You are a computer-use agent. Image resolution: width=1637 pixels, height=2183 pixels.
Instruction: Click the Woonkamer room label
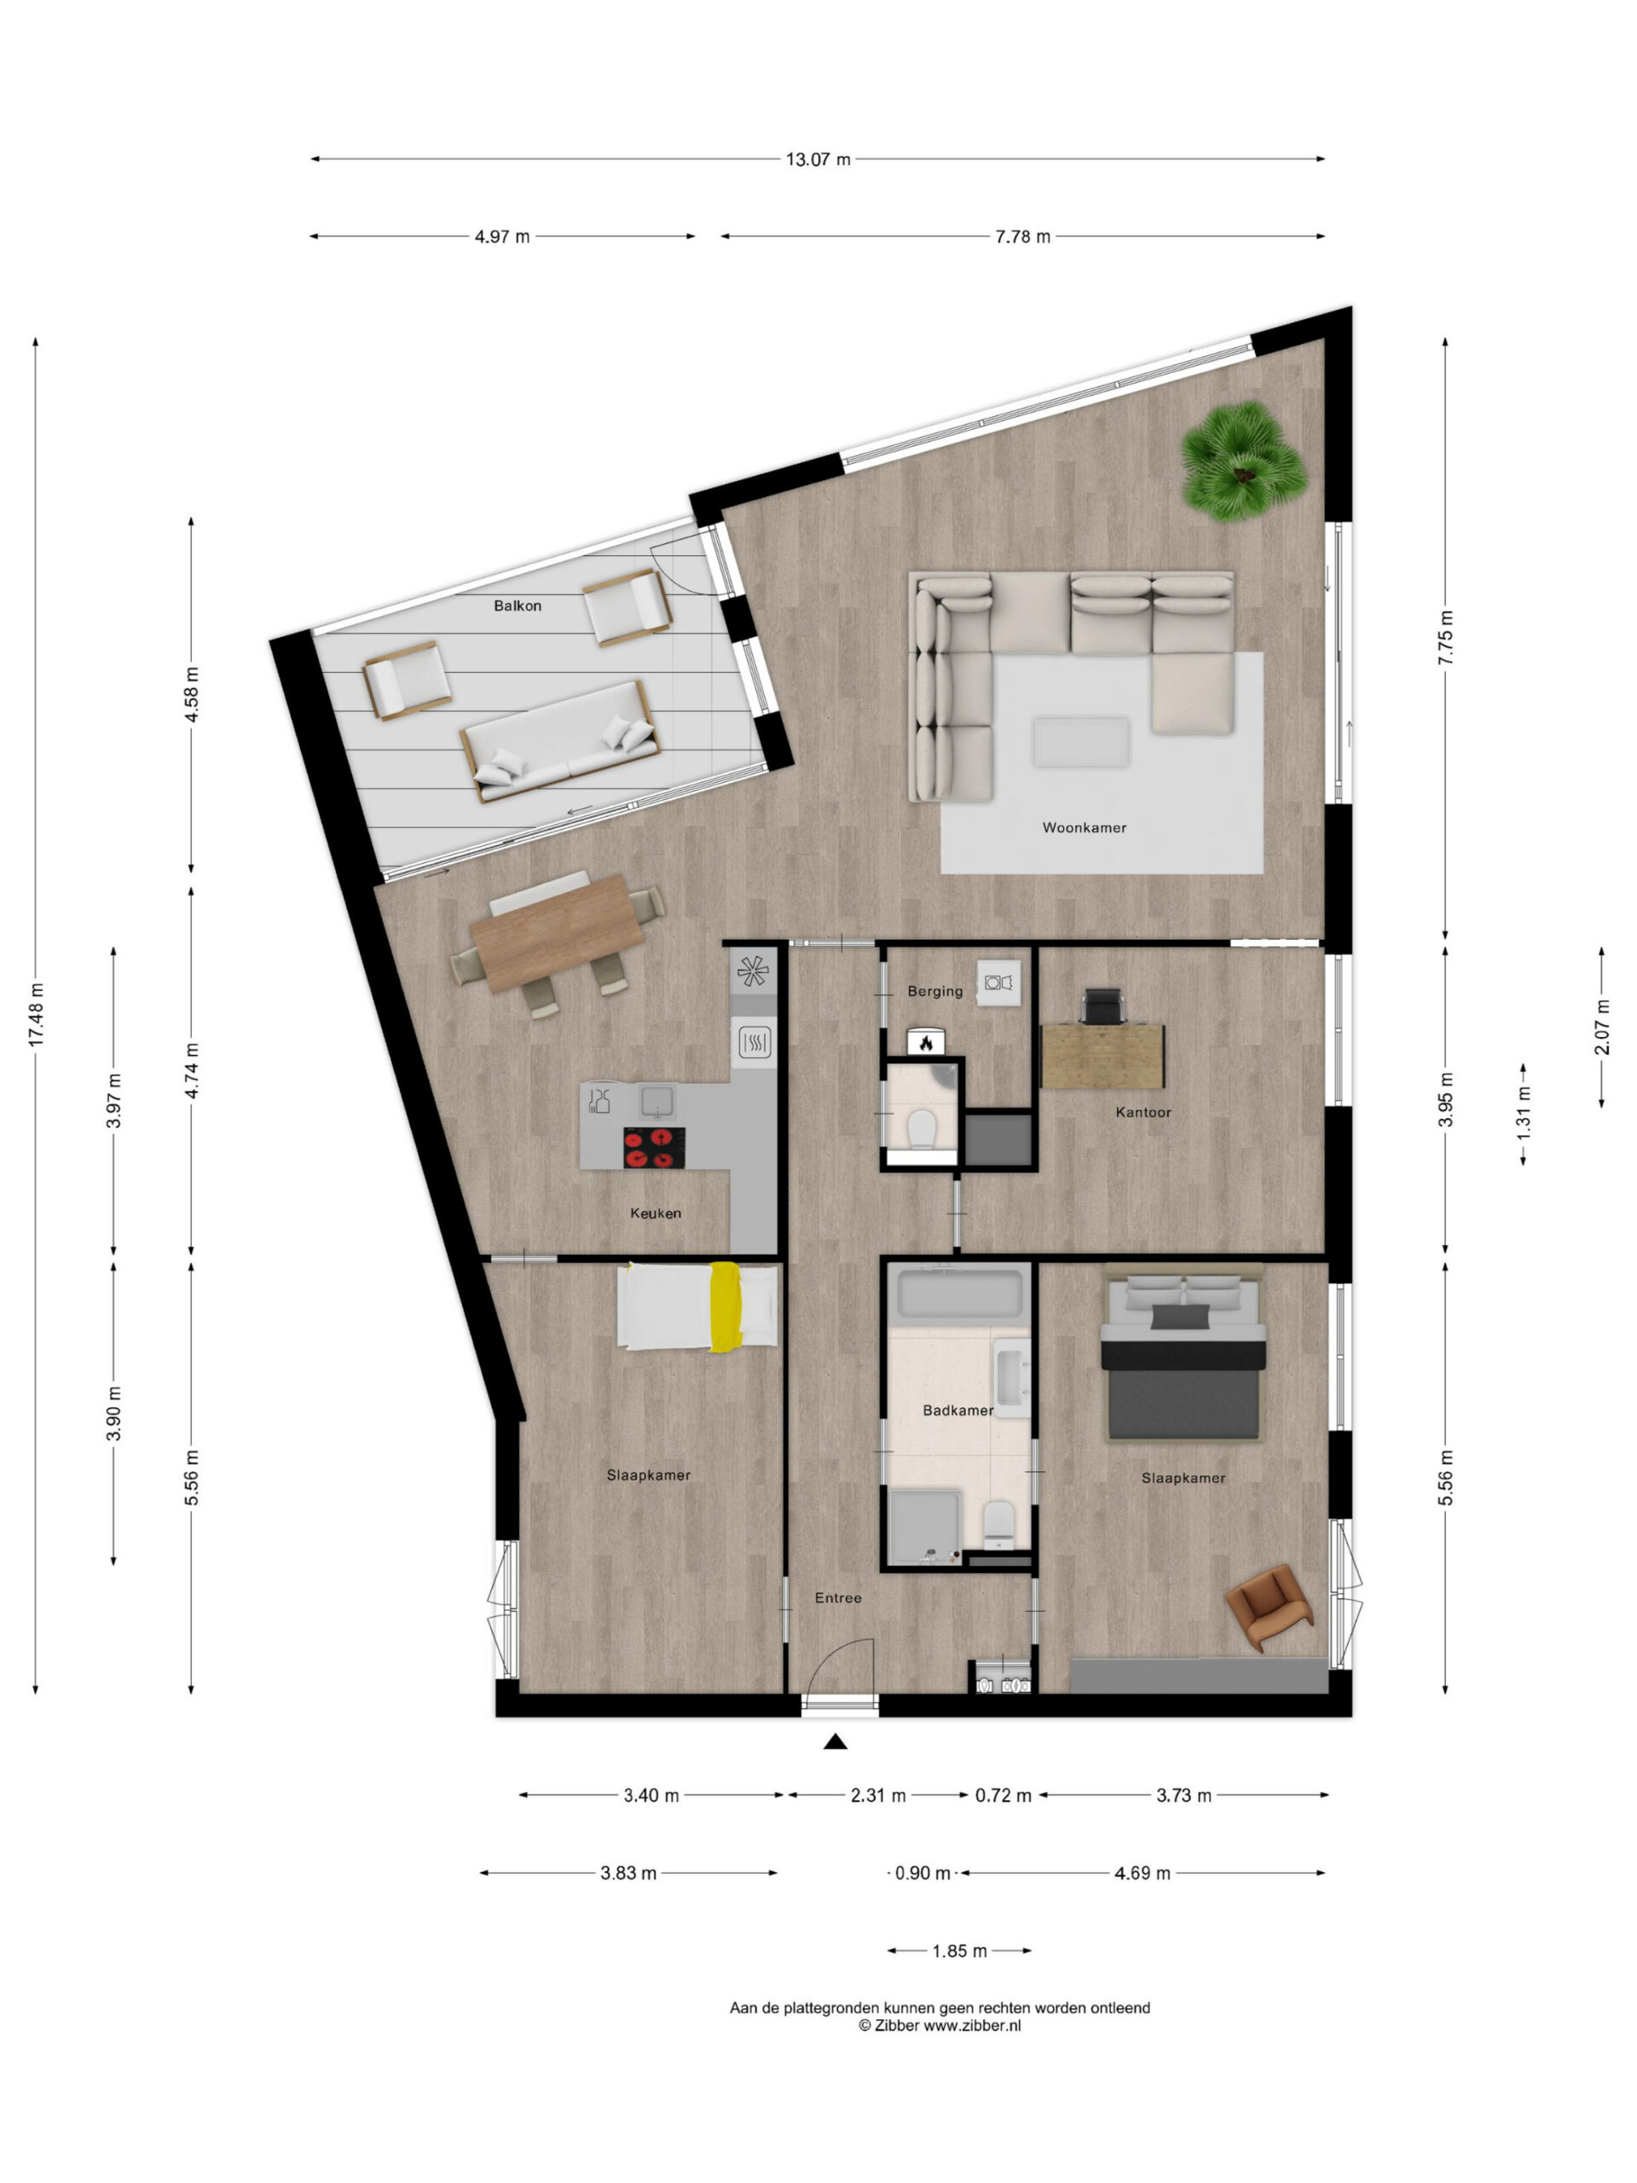1084,828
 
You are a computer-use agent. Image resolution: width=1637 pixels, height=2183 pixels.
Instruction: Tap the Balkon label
517,606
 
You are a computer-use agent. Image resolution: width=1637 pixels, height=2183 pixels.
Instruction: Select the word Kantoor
1142,1112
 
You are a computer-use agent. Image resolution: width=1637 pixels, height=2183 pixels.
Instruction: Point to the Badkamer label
957,1410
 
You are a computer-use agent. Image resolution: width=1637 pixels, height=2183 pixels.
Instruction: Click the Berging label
934,991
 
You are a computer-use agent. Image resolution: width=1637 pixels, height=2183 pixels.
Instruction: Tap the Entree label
838,1598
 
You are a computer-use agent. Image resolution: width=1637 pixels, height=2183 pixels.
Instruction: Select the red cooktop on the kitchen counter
654,1148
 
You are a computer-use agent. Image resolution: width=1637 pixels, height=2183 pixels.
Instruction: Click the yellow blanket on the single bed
726,1307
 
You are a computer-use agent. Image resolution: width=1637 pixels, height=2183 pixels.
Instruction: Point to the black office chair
1102,1006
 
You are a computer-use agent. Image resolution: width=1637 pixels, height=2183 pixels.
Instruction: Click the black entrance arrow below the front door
836,1742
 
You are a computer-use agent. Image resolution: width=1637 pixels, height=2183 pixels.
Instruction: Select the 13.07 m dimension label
818,159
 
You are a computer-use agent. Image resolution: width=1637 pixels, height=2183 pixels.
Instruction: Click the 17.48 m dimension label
36,1015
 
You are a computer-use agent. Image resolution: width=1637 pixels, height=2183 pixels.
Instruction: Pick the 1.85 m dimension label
959,1951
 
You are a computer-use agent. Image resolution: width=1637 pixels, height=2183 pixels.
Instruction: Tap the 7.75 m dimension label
1444,638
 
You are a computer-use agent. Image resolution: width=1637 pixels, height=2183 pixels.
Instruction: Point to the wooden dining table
557,933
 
